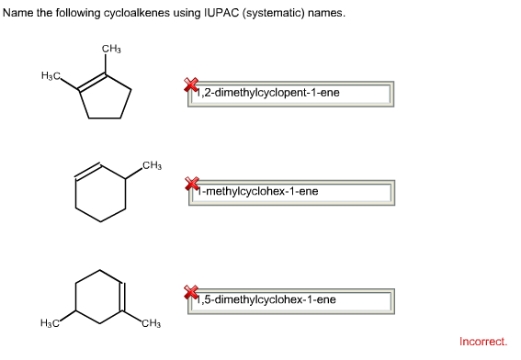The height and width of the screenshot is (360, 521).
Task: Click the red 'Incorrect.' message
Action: (482, 341)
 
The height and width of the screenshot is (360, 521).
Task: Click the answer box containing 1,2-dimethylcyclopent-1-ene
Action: (294, 93)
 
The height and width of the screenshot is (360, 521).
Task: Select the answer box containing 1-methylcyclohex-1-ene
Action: (294, 192)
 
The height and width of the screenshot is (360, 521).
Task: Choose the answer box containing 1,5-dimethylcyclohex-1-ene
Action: (294, 299)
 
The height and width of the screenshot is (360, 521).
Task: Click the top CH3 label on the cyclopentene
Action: (112, 48)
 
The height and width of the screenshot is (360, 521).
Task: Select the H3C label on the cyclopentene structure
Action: (51, 73)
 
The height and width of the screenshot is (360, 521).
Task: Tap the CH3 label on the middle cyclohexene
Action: (153, 165)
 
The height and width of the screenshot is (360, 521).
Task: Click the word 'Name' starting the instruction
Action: (17, 14)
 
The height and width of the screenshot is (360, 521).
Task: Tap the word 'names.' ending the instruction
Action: (329, 14)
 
